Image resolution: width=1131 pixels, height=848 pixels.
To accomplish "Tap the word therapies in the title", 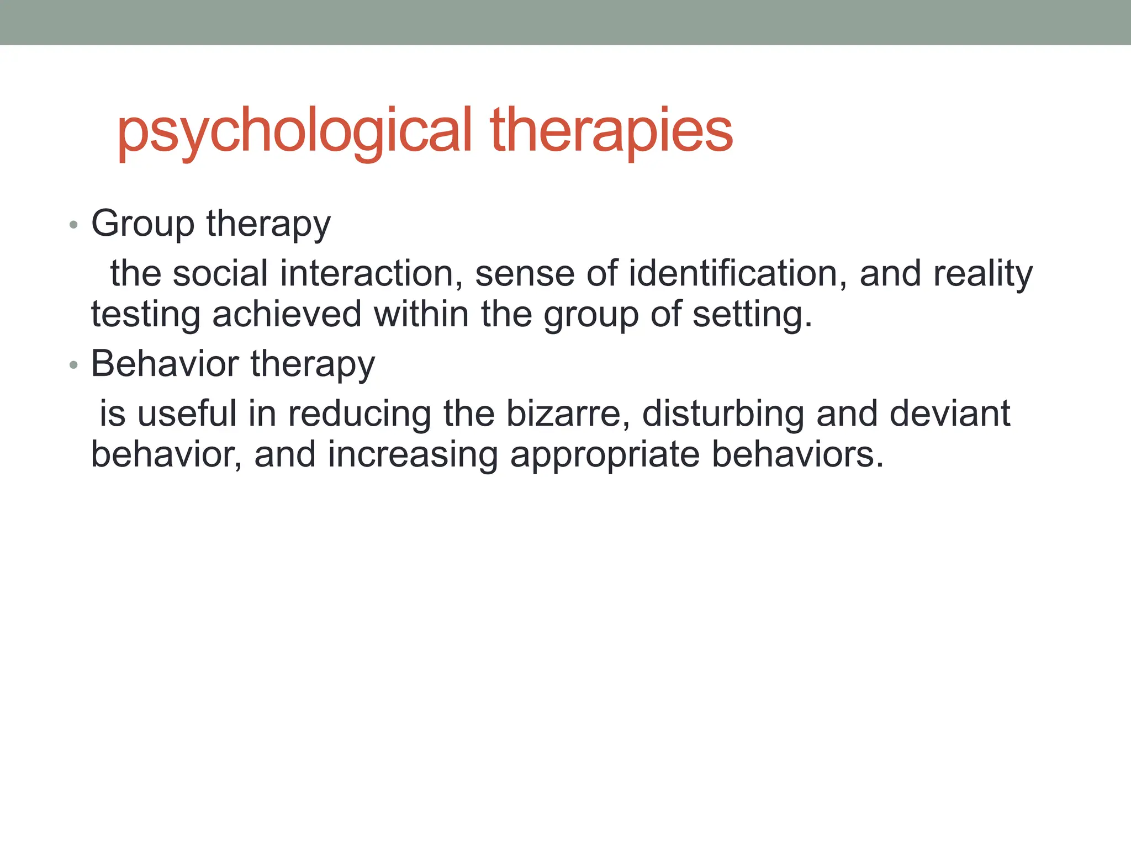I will [x=611, y=131].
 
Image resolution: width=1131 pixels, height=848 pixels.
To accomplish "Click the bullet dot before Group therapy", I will [x=73, y=225].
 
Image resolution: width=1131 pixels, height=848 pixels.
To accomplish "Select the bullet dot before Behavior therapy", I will [x=73, y=365].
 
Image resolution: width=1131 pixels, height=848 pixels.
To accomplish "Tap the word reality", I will [x=982, y=274].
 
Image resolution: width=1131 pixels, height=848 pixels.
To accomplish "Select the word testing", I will [x=146, y=315].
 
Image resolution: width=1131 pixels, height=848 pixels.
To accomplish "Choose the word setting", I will [x=752, y=315].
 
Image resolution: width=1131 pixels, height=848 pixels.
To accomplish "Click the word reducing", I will [x=360, y=415].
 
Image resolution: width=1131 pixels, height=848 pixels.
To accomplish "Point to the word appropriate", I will [x=604, y=455].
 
